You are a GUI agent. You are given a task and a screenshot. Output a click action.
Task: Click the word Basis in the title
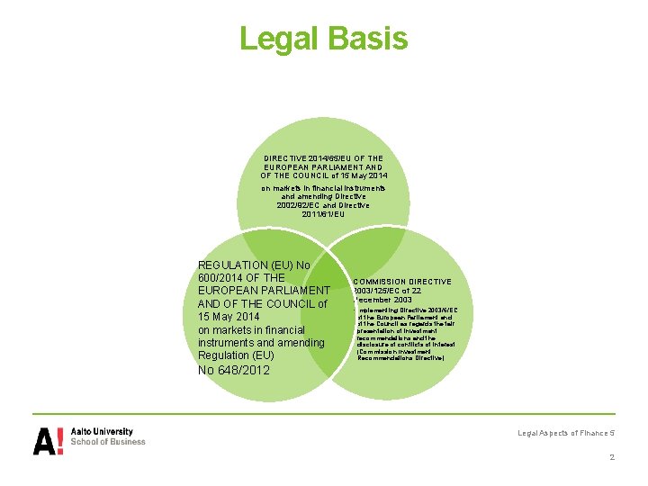(x=368, y=39)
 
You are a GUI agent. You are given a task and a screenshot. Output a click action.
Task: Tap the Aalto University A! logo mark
(x=48, y=440)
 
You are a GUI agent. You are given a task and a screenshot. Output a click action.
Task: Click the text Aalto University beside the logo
(x=102, y=432)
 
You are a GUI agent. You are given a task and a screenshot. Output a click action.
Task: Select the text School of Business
(x=108, y=442)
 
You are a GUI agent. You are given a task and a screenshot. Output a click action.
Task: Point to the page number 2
(x=612, y=456)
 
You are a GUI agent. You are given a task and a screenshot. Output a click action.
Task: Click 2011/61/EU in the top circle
(x=324, y=214)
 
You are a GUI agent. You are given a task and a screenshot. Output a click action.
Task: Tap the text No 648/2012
(x=235, y=370)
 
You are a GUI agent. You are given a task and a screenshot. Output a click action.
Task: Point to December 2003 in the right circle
(x=384, y=300)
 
